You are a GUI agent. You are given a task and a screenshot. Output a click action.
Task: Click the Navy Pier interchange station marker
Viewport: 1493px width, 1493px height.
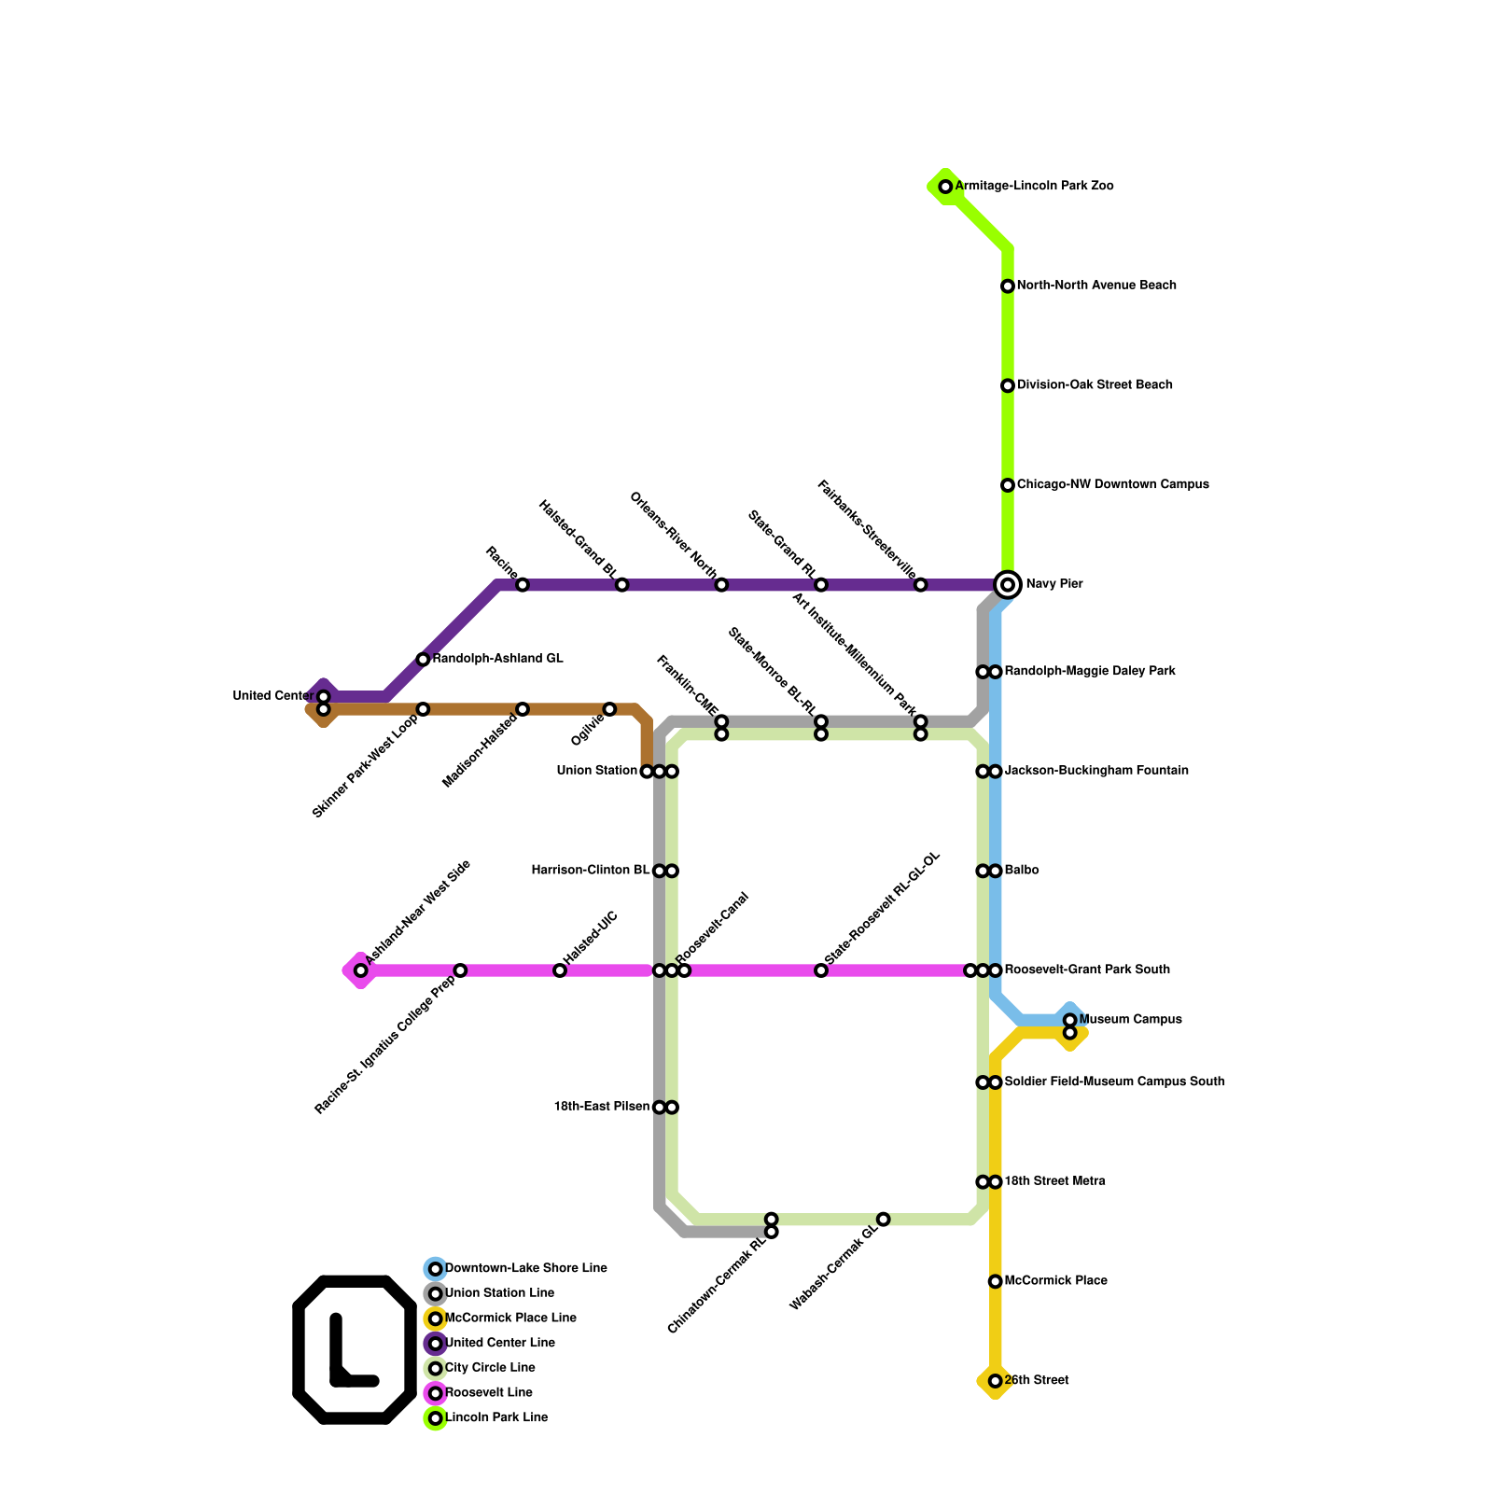1008,584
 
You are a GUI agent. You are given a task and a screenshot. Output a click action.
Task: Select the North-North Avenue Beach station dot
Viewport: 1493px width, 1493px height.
1008,286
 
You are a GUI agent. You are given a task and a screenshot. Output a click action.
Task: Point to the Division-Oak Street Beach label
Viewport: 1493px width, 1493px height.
1095,385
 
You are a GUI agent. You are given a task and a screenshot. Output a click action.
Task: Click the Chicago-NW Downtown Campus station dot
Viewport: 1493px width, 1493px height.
1008,485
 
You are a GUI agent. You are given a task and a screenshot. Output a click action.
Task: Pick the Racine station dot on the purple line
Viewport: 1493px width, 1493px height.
523,585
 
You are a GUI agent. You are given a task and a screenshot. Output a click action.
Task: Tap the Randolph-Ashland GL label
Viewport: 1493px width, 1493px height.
497,659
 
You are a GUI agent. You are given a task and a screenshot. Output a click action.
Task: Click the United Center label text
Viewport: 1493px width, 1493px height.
272,696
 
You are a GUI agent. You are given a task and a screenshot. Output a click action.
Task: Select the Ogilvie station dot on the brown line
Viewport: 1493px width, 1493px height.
609,709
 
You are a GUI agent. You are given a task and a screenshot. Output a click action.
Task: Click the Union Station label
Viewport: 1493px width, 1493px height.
596,771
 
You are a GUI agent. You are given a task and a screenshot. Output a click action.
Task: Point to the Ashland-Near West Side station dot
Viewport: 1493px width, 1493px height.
361,970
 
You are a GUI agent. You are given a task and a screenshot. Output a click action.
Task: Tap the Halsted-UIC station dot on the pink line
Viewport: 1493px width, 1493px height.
560,970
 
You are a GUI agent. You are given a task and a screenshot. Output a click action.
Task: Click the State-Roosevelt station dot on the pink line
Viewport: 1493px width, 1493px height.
821,970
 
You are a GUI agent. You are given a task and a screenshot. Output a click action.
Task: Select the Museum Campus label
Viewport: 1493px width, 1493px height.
1130,1020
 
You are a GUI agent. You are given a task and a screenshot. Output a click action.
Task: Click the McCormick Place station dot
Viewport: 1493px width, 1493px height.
996,1281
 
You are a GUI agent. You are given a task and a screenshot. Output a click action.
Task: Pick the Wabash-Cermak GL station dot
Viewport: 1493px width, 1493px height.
884,1219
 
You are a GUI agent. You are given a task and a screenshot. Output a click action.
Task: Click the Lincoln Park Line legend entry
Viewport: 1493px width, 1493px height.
495,1417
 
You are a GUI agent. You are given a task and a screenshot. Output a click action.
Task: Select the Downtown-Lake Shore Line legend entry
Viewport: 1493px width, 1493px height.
525,1268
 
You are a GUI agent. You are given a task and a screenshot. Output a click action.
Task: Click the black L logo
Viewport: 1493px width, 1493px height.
355,1348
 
